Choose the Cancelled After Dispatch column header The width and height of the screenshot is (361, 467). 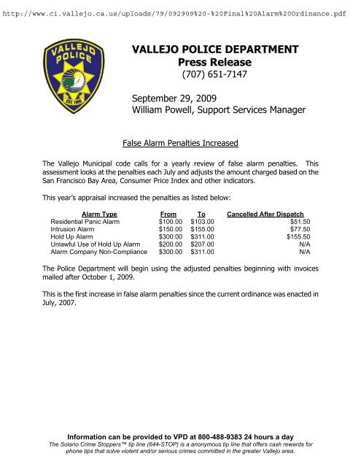[x=270, y=213]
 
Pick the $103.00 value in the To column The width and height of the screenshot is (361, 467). [x=202, y=222]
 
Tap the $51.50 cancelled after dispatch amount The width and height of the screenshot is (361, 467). [x=300, y=222]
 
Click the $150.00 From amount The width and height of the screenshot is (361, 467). [x=171, y=231]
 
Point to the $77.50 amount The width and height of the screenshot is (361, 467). [x=300, y=231]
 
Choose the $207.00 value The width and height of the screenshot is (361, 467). [x=202, y=248]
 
